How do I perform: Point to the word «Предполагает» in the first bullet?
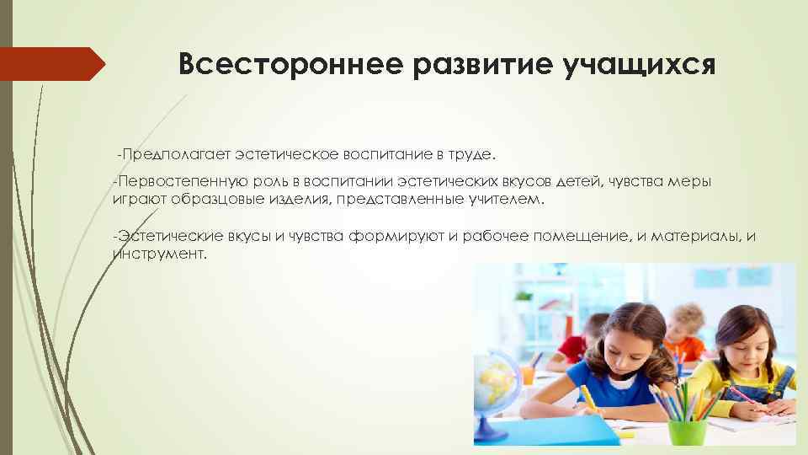(x=176, y=155)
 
